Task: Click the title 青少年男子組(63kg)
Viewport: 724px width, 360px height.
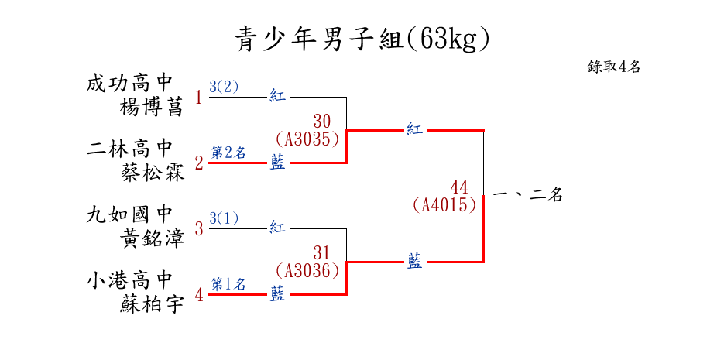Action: pyautogui.click(x=362, y=38)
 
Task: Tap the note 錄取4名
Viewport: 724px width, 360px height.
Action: pyautogui.click(x=614, y=67)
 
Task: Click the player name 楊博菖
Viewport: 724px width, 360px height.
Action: pyautogui.click(x=153, y=107)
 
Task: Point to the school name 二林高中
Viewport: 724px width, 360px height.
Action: pyautogui.click(x=129, y=149)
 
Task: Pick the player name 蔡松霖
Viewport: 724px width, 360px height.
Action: pyautogui.click(x=153, y=172)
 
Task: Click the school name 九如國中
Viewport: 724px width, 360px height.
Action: pyautogui.click(x=129, y=214)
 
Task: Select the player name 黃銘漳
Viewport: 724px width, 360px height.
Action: pyautogui.click(x=153, y=238)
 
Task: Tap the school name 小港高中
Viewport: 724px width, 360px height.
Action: pyautogui.click(x=129, y=279)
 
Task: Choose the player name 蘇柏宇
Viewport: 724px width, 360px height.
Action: pyautogui.click(x=153, y=303)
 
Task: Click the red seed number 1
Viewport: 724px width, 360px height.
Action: pyautogui.click(x=198, y=98)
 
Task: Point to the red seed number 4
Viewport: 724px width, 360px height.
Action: pyautogui.click(x=198, y=295)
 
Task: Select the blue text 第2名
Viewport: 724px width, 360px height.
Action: pyautogui.click(x=228, y=153)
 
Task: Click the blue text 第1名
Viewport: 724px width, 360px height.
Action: pyautogui.click(x=228, y=284)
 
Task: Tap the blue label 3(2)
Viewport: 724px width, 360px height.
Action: pyautogui.click(x=225, y=87)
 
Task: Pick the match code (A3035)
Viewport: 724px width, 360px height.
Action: pyautogui.click(x=307, y=139)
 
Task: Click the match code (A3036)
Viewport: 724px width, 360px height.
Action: pyautogui.click(x=307, y=271)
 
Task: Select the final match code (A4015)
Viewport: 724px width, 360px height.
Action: pyautogui.click(x=444, y=205)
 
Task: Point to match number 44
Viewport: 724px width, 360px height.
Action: pyautogui.click(x=459, y=187)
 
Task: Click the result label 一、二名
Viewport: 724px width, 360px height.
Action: pyautogui.click(x=527, y=196)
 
